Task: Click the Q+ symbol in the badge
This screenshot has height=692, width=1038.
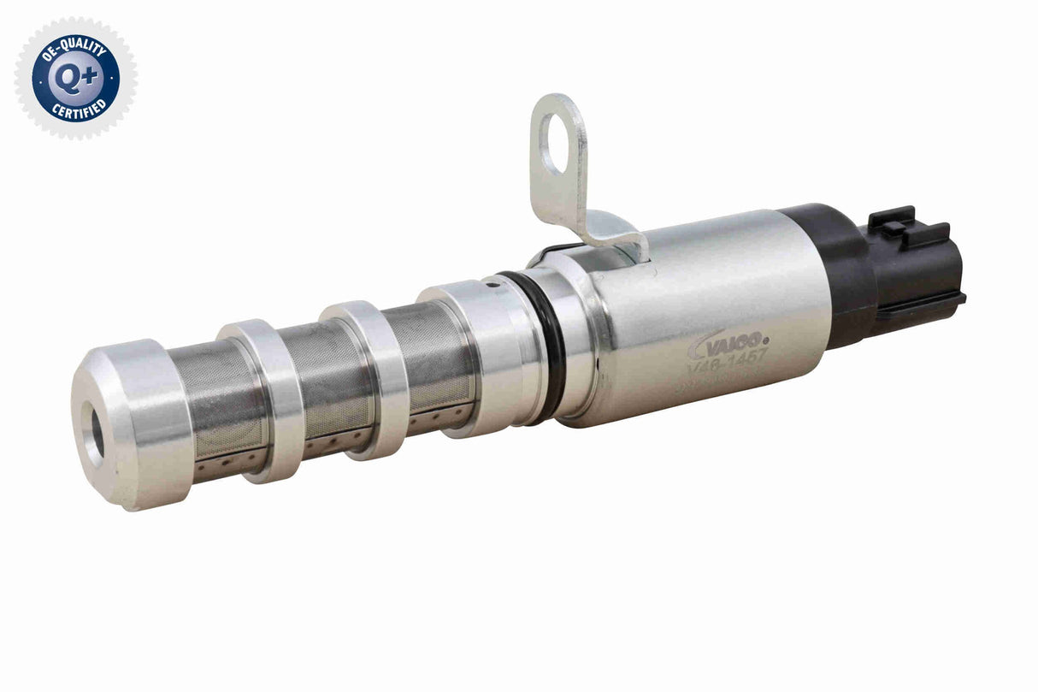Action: [75, 78]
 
